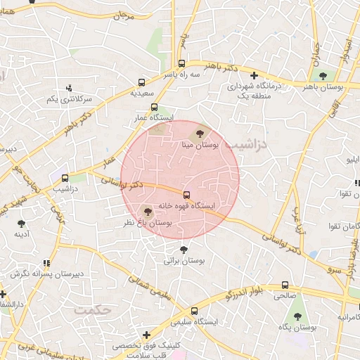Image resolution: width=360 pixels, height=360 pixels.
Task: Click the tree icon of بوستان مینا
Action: tap(200, 132)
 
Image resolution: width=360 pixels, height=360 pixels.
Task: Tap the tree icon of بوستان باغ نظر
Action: tap(147, 210)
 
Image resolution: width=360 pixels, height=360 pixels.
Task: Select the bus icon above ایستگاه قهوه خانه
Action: tap(186, 195)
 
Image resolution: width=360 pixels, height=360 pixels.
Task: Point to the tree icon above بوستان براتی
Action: tap(184, 250)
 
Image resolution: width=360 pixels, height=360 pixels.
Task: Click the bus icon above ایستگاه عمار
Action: tap(154, 107)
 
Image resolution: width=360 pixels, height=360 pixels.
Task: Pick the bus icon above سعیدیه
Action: tap(143, 82)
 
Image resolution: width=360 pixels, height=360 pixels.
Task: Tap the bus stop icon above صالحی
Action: tap(285, 285)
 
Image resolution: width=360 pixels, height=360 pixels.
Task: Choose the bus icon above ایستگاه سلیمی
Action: tap(195, 310)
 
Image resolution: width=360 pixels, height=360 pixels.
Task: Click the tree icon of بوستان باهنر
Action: tap(323, 75)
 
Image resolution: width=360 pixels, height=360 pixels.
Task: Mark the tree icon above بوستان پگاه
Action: tap(297, 317)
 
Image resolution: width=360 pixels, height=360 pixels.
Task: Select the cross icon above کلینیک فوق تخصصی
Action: tap(146, 335)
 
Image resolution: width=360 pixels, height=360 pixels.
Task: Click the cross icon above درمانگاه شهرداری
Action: tap(254, 75)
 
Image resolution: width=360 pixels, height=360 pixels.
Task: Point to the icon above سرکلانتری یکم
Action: tap(69, 88)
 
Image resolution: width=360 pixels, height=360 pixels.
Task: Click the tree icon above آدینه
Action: tap(20, 224)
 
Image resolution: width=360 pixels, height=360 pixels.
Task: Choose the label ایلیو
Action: tap(349, 161)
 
